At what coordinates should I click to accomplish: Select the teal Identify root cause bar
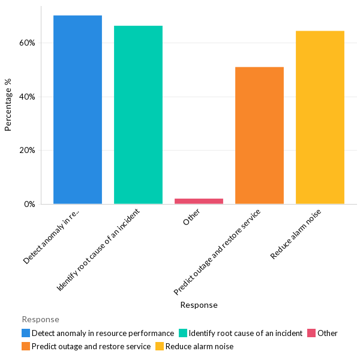coord(138,115)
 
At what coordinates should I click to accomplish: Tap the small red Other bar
coord(199,201)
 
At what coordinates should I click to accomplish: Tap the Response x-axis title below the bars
coord(199,305)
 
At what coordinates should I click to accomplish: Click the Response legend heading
coord(40,319)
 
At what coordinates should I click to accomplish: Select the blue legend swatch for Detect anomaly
coord(26,333)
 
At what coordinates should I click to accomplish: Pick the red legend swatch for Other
coord(311,333)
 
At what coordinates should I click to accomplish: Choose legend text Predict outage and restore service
coord(91,346)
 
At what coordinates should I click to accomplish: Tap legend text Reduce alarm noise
coord(199,346)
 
